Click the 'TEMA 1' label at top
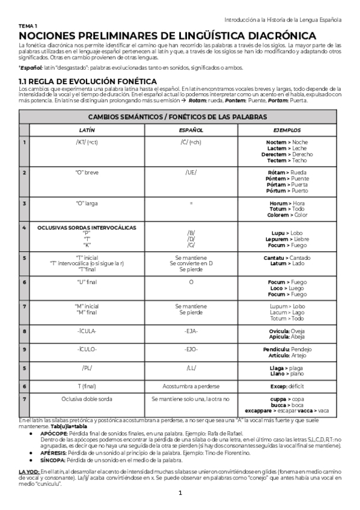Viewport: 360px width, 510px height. (28, 27)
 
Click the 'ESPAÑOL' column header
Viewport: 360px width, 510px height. (191, 130)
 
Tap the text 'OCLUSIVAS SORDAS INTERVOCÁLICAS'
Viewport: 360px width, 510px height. (87, 227)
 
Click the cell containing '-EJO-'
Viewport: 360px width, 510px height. (191, 349)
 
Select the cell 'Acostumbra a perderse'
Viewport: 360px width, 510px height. (191, 386)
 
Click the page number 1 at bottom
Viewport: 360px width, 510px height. (180, 494)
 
